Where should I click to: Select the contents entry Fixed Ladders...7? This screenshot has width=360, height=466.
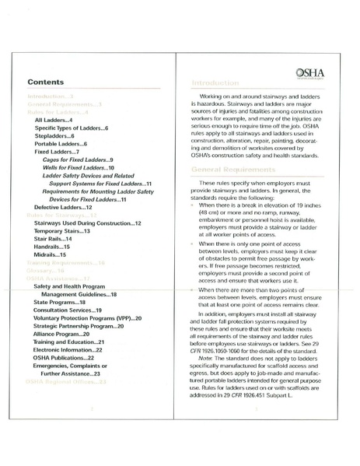point(58,153)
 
